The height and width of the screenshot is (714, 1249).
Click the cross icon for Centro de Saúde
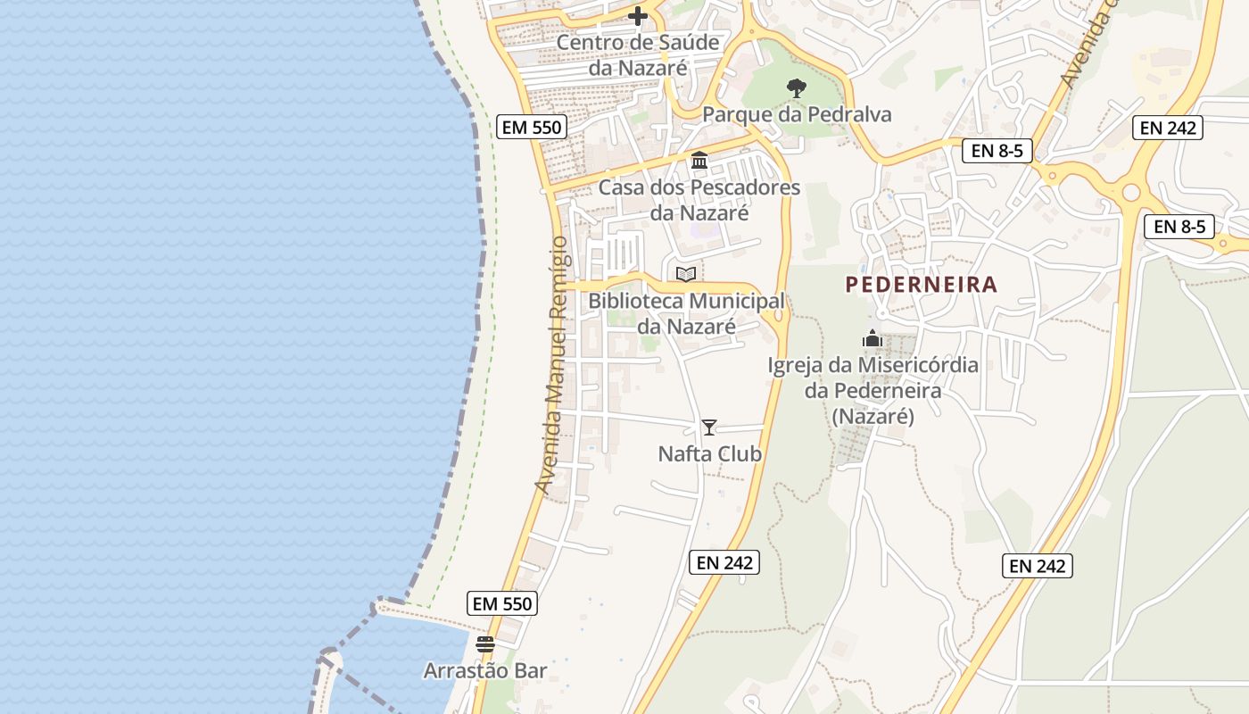point(638,16)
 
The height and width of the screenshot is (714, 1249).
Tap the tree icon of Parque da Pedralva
point(796,87)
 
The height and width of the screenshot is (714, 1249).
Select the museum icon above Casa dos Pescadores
point(699,162)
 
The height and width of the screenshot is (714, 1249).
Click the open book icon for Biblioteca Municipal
point(685,274)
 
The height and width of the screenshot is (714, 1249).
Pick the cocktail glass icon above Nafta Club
point(709,428)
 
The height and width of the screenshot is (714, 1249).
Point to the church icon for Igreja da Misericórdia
point(872,339)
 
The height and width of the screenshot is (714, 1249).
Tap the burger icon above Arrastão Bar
point(485,643)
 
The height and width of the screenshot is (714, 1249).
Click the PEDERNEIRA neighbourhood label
point(921,285)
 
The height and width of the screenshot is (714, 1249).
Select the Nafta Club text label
point(710,454)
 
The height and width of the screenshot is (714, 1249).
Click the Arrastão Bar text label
point(485,670)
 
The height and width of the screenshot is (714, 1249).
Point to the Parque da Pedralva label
point(797,114)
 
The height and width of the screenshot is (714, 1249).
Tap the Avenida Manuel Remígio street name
point(551,364)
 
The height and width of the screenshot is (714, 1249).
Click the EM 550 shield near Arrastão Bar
point(502,603)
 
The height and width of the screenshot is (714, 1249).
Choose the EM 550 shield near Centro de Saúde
point(532,127)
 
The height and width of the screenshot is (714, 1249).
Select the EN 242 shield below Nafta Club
point(724,562)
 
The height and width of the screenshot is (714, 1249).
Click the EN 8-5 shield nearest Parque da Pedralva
point(997,151)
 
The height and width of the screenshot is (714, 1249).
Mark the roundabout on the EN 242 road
point(1131,192)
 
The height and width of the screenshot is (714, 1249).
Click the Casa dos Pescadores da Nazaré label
point(699,200)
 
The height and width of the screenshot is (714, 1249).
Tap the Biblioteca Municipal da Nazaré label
point(686,313)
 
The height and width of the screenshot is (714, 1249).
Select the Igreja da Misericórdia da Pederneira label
point(873,390)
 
